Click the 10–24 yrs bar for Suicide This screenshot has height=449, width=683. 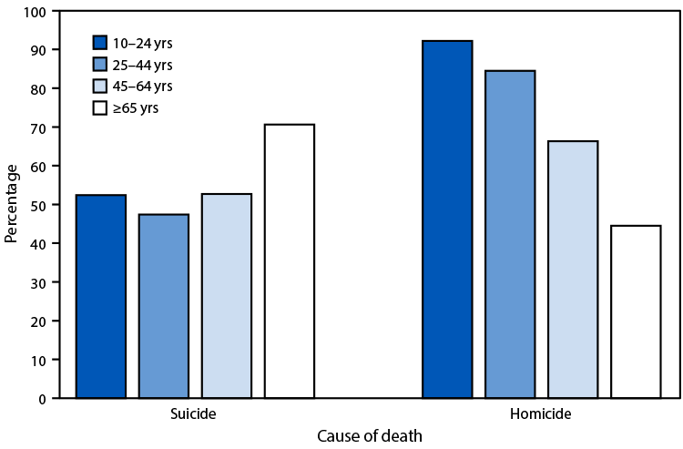[101, 296]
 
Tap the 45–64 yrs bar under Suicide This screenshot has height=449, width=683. [227, 296]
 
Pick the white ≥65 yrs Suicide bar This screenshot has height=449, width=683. [290, 261]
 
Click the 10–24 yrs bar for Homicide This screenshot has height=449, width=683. [447, 219]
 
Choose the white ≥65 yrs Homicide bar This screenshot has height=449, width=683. [636, 311]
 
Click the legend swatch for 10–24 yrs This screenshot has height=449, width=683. [101, 42]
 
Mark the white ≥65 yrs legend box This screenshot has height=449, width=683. [101, 108]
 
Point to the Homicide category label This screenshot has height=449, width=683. [541, 413]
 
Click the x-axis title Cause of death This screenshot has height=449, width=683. [369, 436]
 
